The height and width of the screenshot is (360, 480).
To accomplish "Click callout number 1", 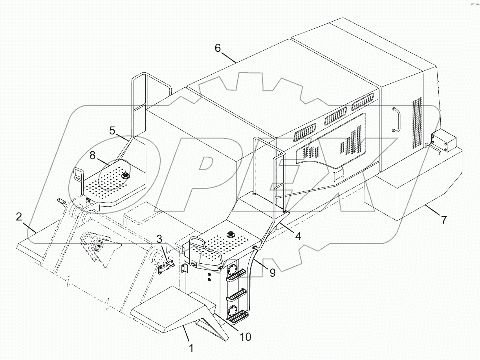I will pos(191,348).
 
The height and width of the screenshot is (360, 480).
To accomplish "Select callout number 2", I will pos(19,217).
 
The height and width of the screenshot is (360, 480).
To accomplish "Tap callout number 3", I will pos(159,239).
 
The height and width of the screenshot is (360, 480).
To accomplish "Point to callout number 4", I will pos(298,236).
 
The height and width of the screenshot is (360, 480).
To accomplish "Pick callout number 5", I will pos(112,131).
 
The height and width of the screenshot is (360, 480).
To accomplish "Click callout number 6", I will pos(218,48).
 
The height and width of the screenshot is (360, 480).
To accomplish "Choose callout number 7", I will pos(443,220).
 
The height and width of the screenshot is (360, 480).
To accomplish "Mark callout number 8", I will pos(93,155).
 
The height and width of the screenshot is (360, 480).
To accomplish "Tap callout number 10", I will pos(245,336).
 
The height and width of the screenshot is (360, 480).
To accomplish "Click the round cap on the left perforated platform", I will pos(126,176).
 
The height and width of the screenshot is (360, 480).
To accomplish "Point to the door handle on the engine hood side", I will pos(396,119).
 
